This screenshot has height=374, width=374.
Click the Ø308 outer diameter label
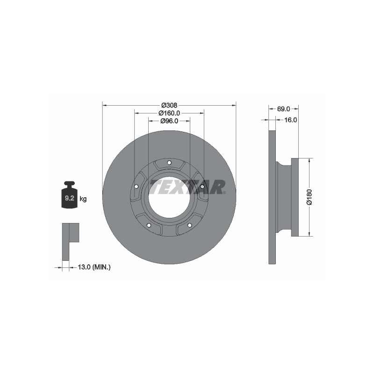169,105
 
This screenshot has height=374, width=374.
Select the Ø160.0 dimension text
169,113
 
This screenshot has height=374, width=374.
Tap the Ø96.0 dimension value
169,121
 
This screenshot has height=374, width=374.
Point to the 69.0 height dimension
283,109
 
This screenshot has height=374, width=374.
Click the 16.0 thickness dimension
290,120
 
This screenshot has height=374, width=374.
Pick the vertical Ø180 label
309,197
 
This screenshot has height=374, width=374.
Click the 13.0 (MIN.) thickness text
94,267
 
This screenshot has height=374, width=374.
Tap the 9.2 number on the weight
69,198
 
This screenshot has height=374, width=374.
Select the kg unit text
83,199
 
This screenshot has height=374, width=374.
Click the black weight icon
69,195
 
